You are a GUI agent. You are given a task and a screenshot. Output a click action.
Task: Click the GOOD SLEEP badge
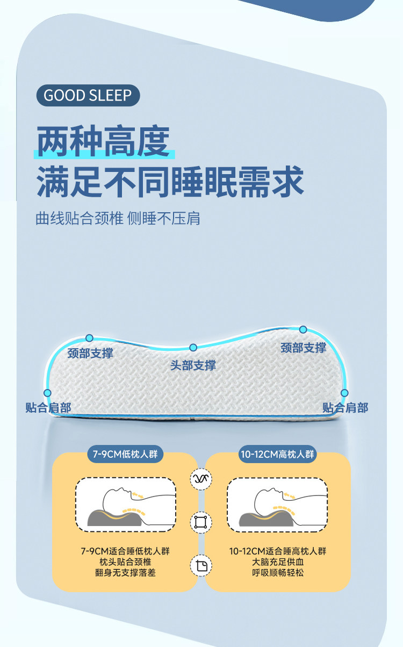pyautogui.click(x=88, y=96)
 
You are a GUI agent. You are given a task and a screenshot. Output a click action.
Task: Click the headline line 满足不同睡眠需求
pyautogui.click(x=170, y=181)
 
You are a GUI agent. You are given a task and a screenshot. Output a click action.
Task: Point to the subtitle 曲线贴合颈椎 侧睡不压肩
pyautogui.click(x=118, y=219)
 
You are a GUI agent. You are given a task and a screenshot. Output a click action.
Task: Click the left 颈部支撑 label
pyautogui.click(x=90, y=353)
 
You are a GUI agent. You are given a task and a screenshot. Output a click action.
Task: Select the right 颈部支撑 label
pyautogui.click(x=303, y=348)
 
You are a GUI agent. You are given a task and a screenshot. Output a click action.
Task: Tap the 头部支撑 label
pyautogui.click(x=193, y=365)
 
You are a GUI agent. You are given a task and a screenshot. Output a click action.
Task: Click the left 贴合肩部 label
pyautogui.click(x=48, y=407)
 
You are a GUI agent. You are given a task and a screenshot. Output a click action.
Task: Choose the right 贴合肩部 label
pyautogui.click(x=345, y=407)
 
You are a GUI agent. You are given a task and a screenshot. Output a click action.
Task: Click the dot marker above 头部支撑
pyautogui.click(x=193, y=348)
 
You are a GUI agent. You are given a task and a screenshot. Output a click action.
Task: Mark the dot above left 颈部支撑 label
pyautogui.click(x=90, y=338)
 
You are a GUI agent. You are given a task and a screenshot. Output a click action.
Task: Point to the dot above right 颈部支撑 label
pyautogui.click(x=303, y=329)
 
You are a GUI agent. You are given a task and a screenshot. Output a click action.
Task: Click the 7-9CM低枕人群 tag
pyautogui.click(x=125, y=454)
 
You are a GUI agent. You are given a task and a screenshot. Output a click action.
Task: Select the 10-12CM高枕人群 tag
pyautogui.click(x=277, y=454)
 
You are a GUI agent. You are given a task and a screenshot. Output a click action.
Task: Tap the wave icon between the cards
pyautogui.click(x=201, y=479)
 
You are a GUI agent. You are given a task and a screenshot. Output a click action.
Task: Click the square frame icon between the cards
pyautogui.click(x=201, y=522)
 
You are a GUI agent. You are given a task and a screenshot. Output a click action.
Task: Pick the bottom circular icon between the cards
pyautogui.click(x=201, y=565)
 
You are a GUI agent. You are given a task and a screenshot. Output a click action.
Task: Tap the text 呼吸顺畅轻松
pyautogui.click(x=278, y=573)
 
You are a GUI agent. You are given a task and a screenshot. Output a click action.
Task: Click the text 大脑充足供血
pyautogui.click(x=278, y=562)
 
